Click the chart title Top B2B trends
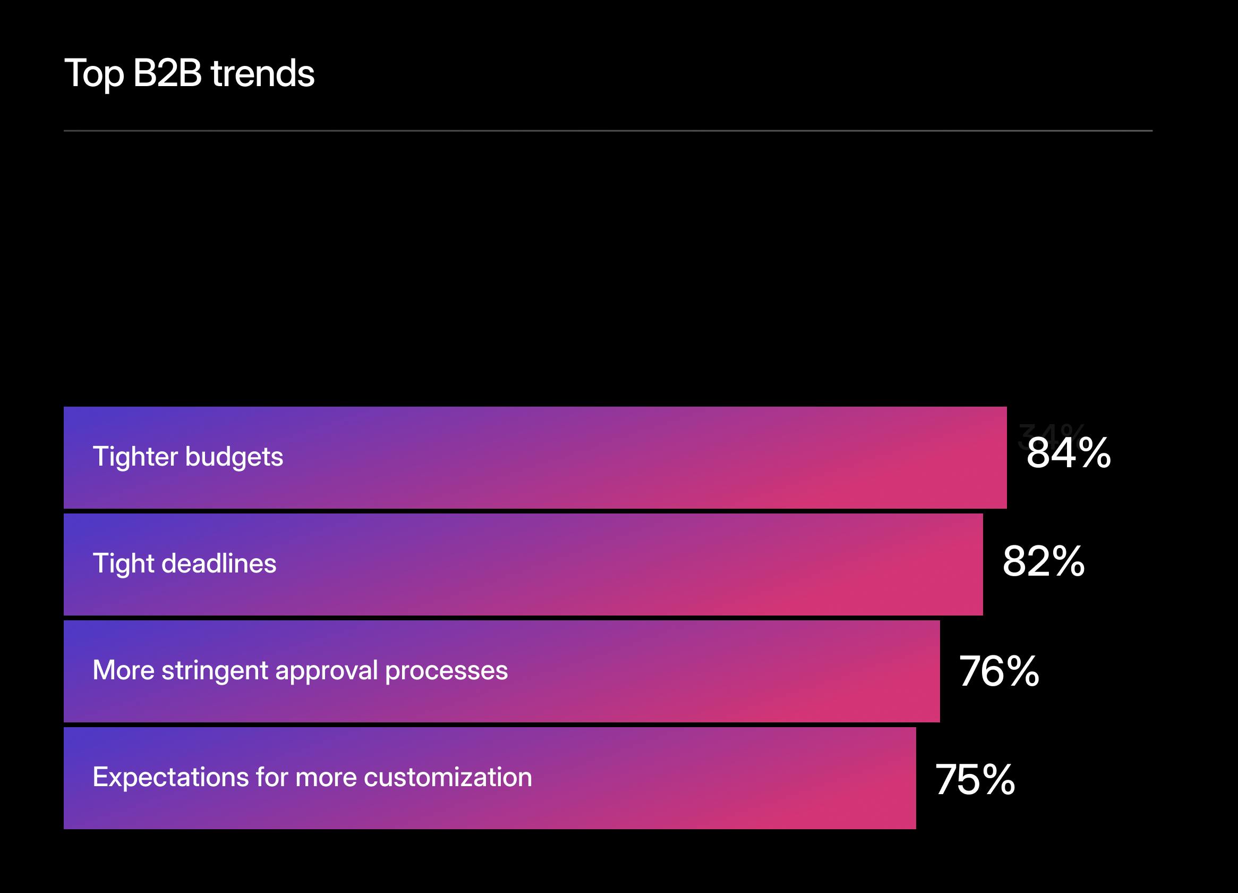pyautogui.click(x=190, y=73)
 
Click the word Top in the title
pyautogui.click(x=94, y=74)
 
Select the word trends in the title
pyautogui.click(x=262, y=73)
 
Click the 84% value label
pyautogui.click(x=1068, y=453)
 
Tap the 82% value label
pyautogui.click(x=1044, y=561)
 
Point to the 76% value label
pyautogui.click(x=999, y=671)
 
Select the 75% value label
pyautogui.click(x=975, y=779)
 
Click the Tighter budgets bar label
pyautogui.click(x=188, y=457)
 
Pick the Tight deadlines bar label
pyautogui.click(x=184, y=563)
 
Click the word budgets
pyautogui.click(x=234, y=457)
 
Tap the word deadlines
pyautogui.click(x=219, y=563)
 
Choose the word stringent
pyautogui.click(x=215, y=671)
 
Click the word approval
pyautogui.click(x=327, y=671)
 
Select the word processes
pyautogui.click(x=446, y=671)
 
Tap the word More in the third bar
pyautogui.click(x=123, y=670)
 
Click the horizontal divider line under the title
pyautogui.click(x=608, y=131)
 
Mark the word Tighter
pyautogui.click(x=135, y=457)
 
